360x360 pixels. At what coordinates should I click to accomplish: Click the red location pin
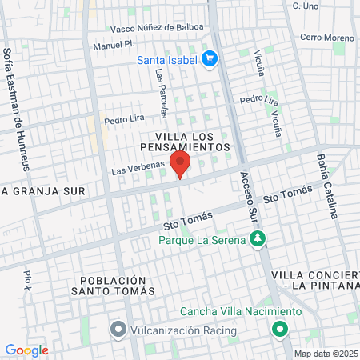[x=181, y=165]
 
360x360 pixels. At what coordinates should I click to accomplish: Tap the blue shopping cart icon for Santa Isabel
[x=210, y=58]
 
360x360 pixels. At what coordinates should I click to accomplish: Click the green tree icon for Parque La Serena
[x=258, y=238]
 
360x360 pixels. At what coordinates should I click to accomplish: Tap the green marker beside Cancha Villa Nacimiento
[x=280, y=328]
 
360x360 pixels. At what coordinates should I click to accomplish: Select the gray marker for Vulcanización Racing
[x=118, y=330]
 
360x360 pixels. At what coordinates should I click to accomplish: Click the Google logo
[x=26, y=350]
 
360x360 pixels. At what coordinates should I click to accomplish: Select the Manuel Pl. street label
[x=111, y=45]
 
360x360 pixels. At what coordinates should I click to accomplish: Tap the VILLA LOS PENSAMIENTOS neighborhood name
[x=185, y=142]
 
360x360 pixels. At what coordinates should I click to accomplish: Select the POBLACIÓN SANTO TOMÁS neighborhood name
[x=114, y=286]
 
